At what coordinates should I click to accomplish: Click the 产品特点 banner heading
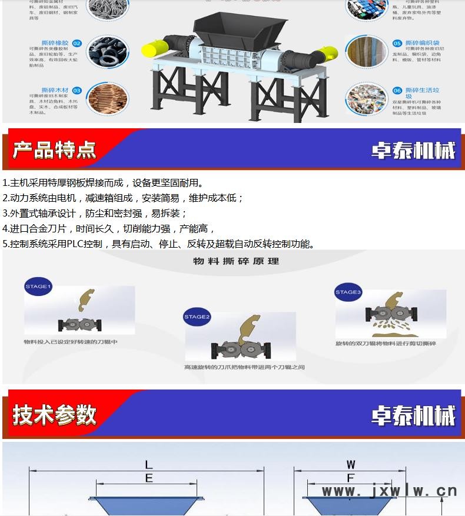point(54,150)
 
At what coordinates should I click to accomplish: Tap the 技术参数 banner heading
point(54,415)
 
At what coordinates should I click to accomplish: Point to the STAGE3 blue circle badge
point(348,292)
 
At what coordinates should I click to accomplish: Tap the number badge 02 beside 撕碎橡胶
point(77,44)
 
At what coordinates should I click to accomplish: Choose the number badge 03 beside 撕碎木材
point(77,91)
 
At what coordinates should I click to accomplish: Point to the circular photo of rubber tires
point(108,51)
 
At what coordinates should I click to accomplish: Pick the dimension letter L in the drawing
point(149,465)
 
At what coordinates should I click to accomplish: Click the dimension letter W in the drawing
point(351,465)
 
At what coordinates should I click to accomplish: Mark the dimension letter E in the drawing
point(149,478)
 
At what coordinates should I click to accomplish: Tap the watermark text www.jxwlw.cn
point(389,491)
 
